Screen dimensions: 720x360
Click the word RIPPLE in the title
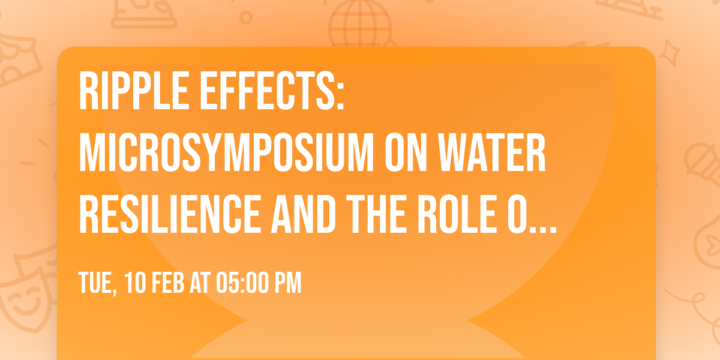click(x=134, y=92)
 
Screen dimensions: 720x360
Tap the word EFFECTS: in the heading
click(x=272, y=92)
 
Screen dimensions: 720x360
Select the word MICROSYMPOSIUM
click(x=226, y=152)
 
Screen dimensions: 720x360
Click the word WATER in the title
click(x=492, y=152)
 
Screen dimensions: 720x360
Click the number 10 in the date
click(x=135, y=283)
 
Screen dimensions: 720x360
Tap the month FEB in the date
click(x=168, y=283)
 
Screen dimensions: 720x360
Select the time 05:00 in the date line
click(x=242, y=283)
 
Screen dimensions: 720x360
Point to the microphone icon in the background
click(x=703, y=164)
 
